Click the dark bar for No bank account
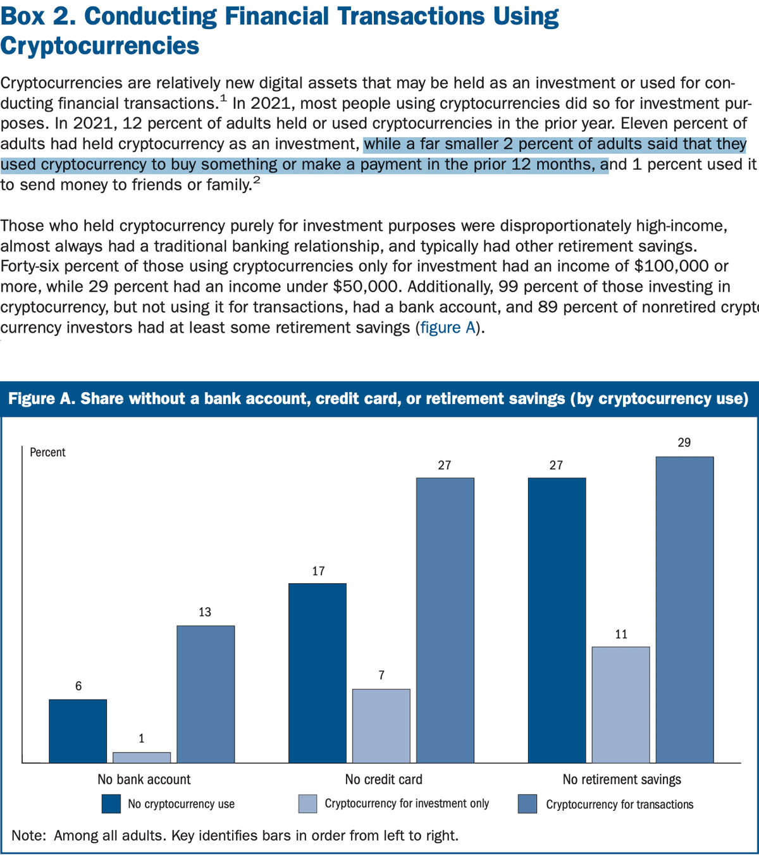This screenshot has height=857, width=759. (78, 731)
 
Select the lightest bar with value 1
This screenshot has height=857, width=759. (142, 757)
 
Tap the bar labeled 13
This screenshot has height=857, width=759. (206, 694)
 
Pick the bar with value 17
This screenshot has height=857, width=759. (318, 672)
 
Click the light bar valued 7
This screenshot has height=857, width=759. (381, 725)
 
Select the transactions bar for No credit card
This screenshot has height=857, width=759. (445, 620)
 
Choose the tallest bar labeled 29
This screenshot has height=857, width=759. (684, 609)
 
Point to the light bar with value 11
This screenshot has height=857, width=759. (621, 704)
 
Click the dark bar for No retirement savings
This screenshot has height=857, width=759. (557, 620)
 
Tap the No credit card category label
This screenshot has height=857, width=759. (383, 779)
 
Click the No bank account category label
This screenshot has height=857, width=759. (144, 779)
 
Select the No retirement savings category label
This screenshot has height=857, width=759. (622, 779)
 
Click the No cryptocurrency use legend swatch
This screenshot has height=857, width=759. (111, 804)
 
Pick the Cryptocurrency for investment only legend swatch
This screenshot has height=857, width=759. (307, 804)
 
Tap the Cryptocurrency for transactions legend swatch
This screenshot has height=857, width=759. (527, 804)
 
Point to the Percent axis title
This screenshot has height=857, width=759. (47, 452)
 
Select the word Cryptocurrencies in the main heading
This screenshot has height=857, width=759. (100, 46)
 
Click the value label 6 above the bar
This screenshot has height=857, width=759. (78, 686)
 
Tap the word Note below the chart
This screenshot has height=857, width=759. (28, 835)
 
